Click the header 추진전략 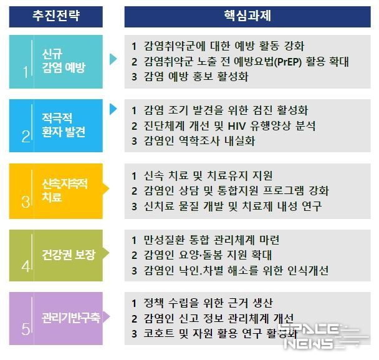56,16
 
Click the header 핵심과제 247,16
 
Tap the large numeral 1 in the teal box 26,72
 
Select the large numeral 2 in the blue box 26,137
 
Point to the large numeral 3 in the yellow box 26,202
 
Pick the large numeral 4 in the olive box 26,266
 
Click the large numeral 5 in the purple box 26,329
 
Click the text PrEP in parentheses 288,62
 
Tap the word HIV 237,126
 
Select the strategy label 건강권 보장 69,255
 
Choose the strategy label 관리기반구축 71,318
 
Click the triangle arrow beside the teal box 113,59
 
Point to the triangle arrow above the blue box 113,109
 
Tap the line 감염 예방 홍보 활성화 196,77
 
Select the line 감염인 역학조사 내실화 199,141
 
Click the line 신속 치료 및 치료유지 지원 208,176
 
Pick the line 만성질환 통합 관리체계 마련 211,240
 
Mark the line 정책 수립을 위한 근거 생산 208,303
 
